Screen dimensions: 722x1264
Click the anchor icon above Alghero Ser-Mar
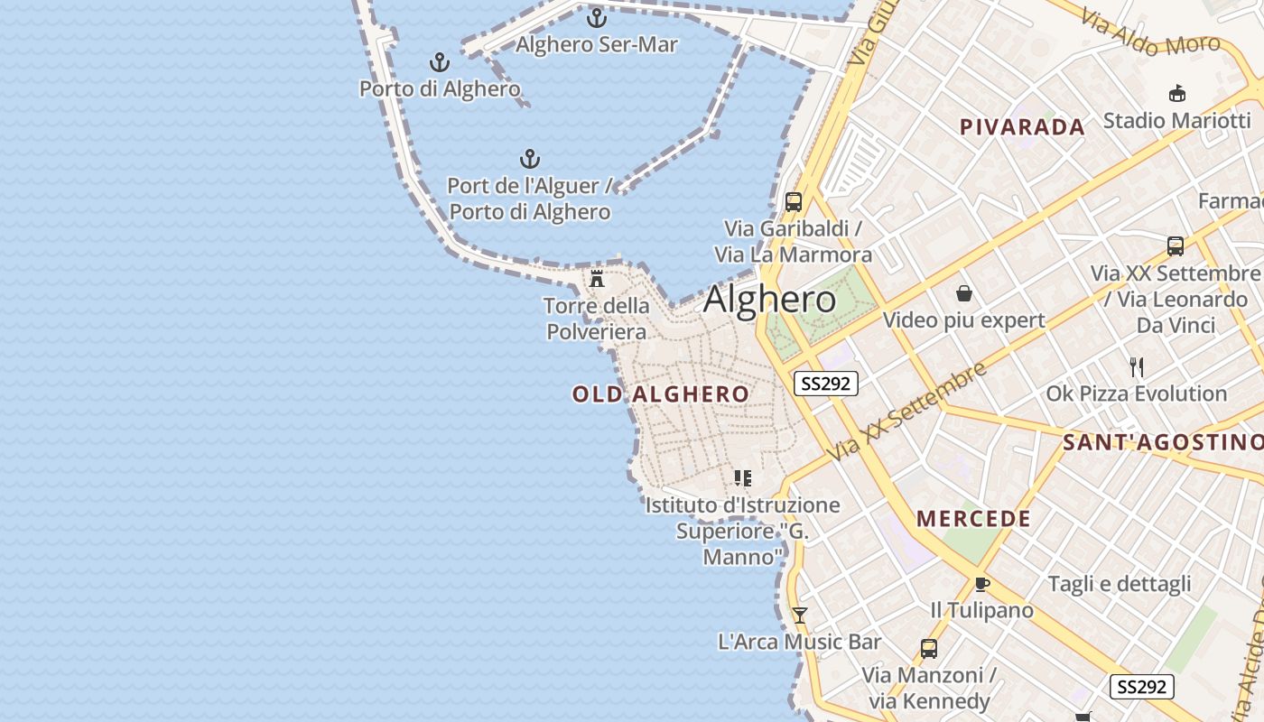(x=596, y=17)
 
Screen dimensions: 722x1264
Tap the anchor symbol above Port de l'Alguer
(x=530, y=160)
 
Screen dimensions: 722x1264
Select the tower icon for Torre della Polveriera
(x=597, y=278)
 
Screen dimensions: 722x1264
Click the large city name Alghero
(x=769, y=299)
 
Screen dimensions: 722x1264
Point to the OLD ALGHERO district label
(x=661, y=394)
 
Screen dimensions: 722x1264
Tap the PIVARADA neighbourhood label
(x=1022, y=127)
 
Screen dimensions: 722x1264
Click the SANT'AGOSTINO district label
(x=1162, y=442)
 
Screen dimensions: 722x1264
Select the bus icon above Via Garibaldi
(x=794, y=202)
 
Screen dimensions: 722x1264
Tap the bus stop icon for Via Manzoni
(x=928, y=648)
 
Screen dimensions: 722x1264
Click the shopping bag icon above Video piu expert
(x=964, y=293)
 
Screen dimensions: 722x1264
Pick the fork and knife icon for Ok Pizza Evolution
(x=1137, y=367)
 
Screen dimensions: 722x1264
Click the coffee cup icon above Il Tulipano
(x=982, y=584)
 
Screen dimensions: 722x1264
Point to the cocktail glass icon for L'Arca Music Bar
(x=799, y=616)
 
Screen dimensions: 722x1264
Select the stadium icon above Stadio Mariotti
(x=1177, y=93)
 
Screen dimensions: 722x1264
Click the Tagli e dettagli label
(x=1120, y=584)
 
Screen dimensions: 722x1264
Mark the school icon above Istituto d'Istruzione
(x=742, y=478)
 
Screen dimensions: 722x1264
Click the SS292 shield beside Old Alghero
(x=826, y=384)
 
